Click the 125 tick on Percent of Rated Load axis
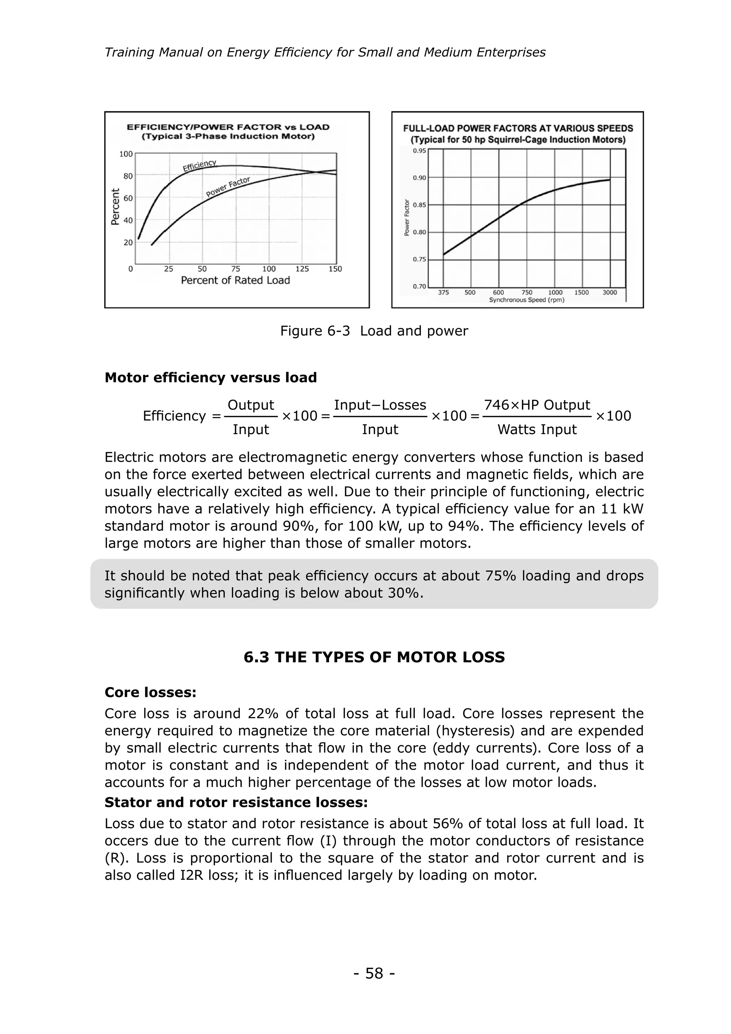[x=302, y=269]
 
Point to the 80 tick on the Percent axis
[x=128, y=176]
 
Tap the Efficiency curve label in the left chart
[x=200, y=165]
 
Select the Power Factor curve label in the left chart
[x=228, y=187]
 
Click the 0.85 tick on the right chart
[x=419, y=205]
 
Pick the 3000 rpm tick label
[x=610, y=292]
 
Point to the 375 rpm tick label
[x=443, y=292]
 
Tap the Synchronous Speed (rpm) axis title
[x=526, y=300]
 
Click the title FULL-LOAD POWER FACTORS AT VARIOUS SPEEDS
[x=518, y=128]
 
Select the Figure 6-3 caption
[x=374, y=331]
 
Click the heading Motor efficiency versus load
[x=211, y=377]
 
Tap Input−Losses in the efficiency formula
[x=380, y=405]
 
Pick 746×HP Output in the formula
[x=537, y=405]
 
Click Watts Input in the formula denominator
[x=536, y=430]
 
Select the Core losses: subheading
[x=150, y=692]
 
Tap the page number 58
[x=374, y=973]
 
